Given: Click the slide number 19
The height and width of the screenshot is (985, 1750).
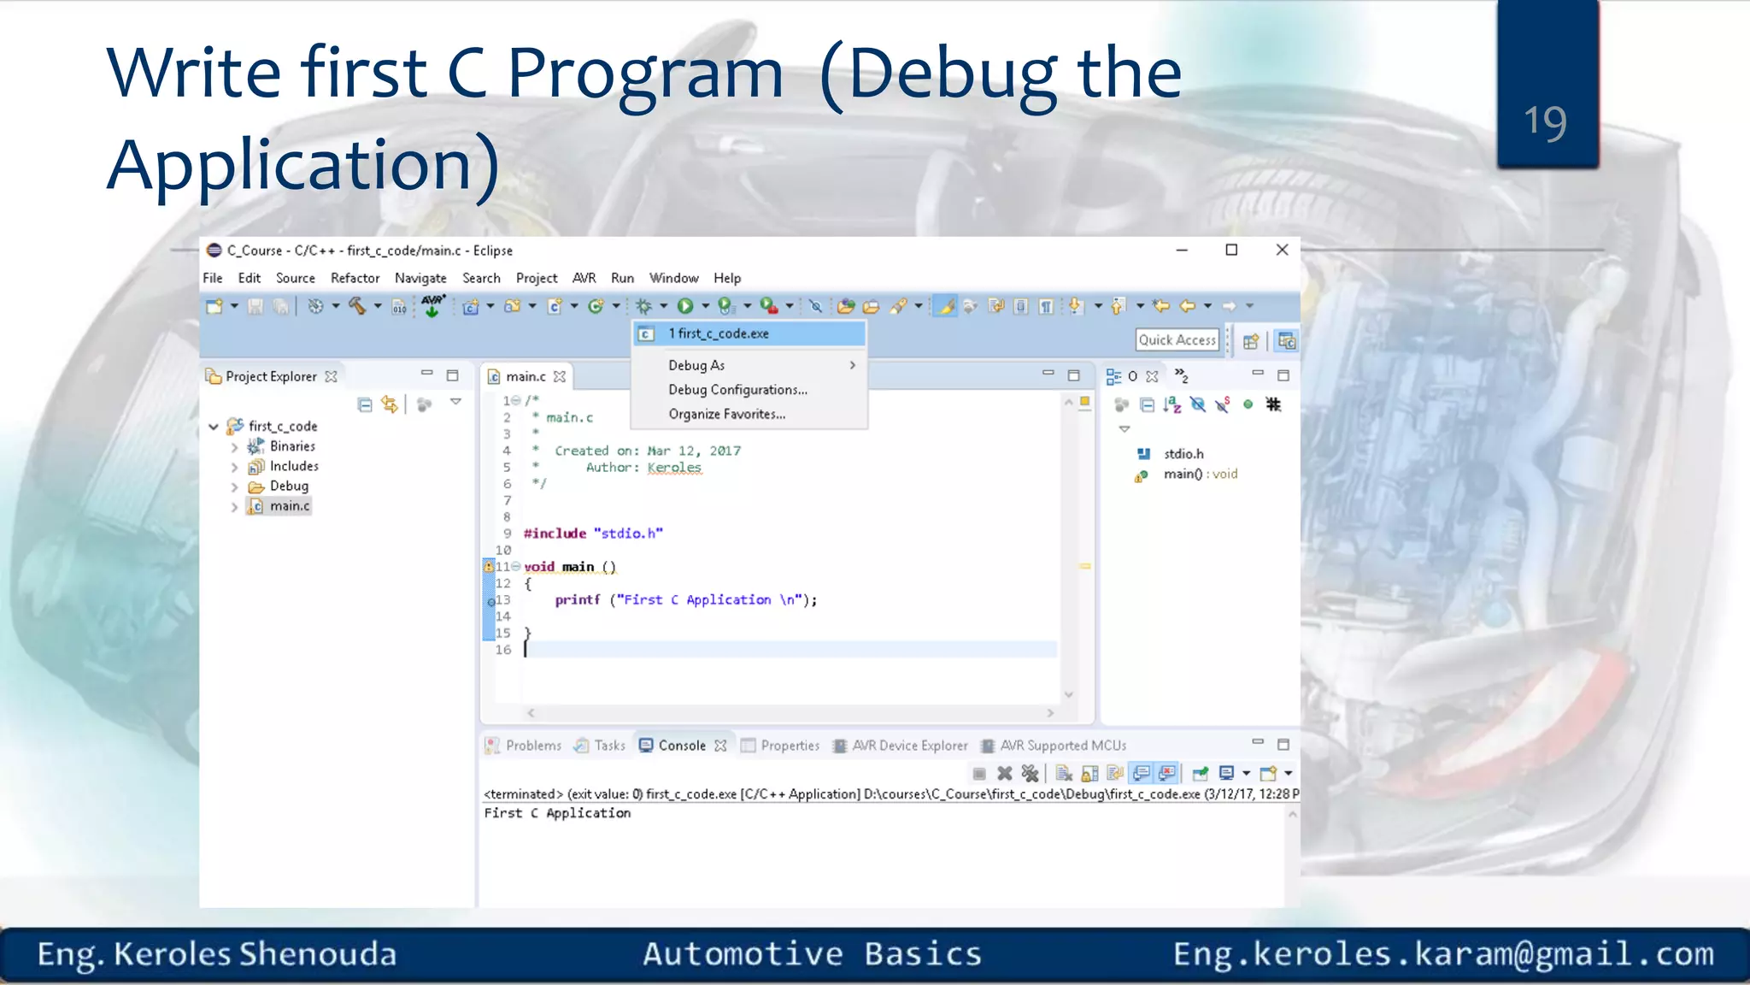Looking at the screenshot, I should click(1545, 121).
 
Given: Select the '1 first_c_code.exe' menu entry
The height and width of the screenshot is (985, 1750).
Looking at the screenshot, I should click(719, 333).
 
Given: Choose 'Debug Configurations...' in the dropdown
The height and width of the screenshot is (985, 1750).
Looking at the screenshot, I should click(737, 390).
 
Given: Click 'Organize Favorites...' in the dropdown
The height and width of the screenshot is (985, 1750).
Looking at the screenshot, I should click(726, 415).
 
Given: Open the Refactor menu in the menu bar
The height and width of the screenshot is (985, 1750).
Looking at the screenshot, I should click(355, 278).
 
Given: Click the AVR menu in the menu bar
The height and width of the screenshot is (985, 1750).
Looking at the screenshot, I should click(584, 278).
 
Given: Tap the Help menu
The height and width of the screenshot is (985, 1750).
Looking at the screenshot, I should click(727, 278).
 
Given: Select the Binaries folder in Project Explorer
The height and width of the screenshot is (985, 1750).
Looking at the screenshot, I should click(292, 446).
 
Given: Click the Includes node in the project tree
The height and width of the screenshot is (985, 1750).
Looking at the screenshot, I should click(294, 466).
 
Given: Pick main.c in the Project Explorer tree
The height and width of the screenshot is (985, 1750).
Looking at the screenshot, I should click(290, 506).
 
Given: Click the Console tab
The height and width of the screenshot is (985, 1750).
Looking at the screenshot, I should click(682, 746).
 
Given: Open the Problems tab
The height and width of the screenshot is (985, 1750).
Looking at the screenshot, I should click(533, 746).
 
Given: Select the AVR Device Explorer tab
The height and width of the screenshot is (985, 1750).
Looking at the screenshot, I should click(909, 746).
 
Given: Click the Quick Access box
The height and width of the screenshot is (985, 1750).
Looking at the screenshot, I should click(1177, 340).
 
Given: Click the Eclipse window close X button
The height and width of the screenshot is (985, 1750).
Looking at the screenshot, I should click(1282, 250).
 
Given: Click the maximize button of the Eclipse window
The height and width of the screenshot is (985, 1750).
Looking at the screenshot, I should click(1231, 250).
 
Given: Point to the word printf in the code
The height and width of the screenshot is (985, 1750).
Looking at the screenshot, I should click(578, 600).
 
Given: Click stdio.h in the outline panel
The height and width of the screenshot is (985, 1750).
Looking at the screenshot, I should click(1183, 454).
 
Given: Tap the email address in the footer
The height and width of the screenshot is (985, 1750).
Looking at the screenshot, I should click(1443, 954).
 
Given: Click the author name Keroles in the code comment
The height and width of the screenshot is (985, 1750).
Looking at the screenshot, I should click(674, 468).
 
